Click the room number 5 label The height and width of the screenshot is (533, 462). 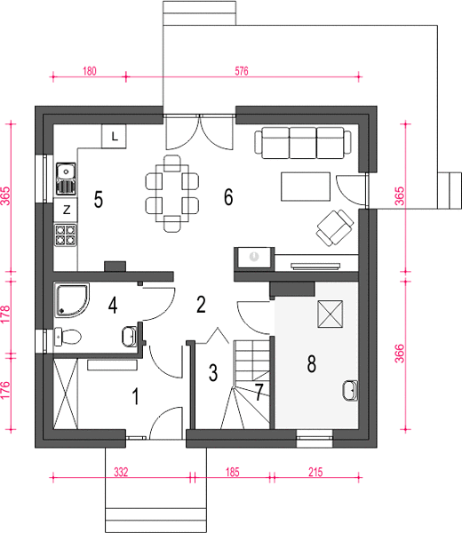pos(99,199)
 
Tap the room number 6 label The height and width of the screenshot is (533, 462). pos(228,196)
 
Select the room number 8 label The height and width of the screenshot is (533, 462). pos(311,363)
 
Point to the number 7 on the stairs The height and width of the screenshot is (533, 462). pos(259,392)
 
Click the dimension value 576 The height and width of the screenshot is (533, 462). pos(242,71)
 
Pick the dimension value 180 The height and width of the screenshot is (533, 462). pos(90,71)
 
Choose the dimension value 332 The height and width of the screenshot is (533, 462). pos(121,473)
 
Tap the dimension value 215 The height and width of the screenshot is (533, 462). pos(315,473)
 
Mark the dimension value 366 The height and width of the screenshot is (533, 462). pos(400,354)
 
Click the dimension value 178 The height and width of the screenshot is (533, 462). pos(6,314)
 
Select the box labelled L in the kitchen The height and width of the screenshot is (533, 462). pos(114,136)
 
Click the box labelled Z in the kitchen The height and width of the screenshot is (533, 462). pos(66,210)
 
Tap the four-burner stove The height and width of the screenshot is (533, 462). pos(66,235)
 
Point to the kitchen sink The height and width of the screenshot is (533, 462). pos(66,179)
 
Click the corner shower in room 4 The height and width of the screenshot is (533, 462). pos(72,300)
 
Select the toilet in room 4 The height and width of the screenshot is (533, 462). pos(68,337)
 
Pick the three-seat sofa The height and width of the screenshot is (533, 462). pos(303,143)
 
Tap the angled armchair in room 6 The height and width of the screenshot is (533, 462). pos(335,227)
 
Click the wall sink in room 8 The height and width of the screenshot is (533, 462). pos(350,391)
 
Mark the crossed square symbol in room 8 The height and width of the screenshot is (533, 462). pos(331,314)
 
